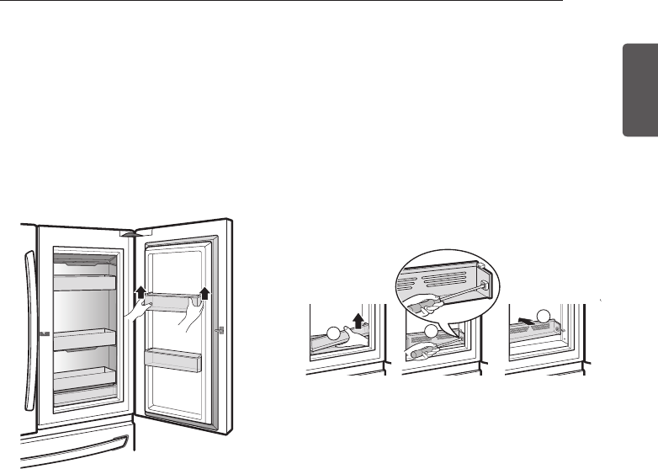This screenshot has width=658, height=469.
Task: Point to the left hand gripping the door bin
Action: coord(135,313)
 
